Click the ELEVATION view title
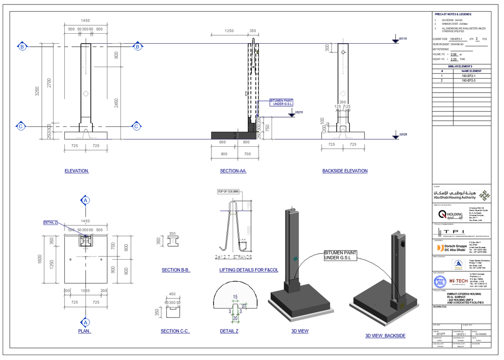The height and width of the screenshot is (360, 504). (77, 171)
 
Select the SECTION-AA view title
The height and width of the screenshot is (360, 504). (233, 171)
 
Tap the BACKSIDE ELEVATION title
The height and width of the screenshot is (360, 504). (345, 171)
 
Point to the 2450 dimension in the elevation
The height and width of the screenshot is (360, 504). (116, 103)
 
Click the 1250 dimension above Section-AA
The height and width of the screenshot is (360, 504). (229, 31)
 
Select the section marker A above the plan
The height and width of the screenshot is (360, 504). (85, 200)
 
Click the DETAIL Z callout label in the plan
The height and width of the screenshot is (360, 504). (50, 222)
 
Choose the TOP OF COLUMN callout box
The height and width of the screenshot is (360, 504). (228, 192)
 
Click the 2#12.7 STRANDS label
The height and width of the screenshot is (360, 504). (233, 257)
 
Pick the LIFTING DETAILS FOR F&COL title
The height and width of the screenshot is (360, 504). (249, 270)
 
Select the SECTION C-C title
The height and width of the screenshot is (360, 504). (175, 331)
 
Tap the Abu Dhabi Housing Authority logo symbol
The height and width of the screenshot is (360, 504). (484, 195)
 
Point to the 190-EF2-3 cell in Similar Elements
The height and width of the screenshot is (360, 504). (471, 81)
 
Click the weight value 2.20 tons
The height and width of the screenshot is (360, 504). (454, 59)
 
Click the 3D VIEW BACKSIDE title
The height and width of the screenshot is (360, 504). (385, 336)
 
